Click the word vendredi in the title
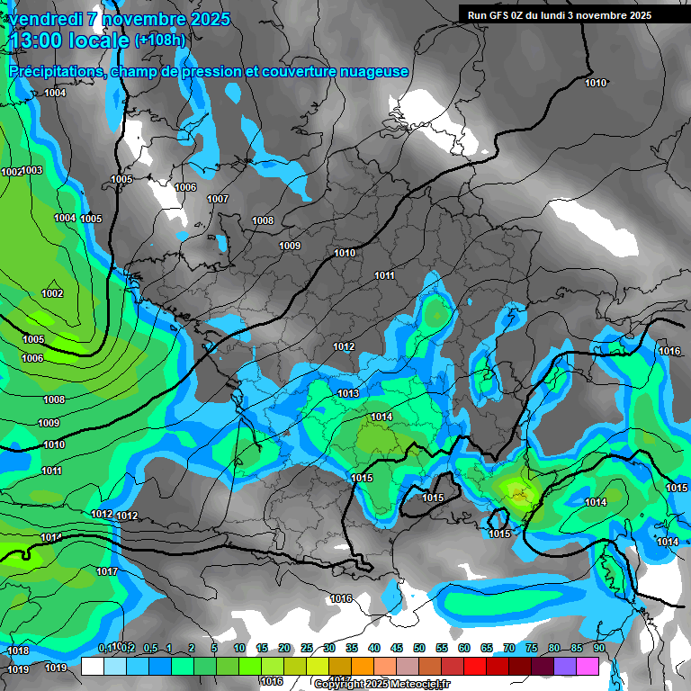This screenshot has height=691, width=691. [x=43, y=19]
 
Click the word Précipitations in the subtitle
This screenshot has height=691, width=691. [x=54, y=71]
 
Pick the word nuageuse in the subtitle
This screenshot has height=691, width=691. [x=376, y=71]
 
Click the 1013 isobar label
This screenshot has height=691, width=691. [x=349, y=393]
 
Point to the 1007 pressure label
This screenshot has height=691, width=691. [x=218, y=199]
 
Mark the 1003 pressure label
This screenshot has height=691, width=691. [x=32, y=170]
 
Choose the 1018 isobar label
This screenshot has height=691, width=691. [x=18, y=651]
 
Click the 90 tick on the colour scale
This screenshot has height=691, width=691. [x=598, y=648]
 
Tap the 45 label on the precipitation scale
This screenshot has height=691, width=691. [x=397, y=648]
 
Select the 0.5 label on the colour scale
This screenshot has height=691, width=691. [x=149, y=648]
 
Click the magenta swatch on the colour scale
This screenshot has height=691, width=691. [x=588, y=667]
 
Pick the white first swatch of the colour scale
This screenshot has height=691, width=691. [x=92, y=667]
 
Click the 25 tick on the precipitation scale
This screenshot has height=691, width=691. [x=307, y=648]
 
